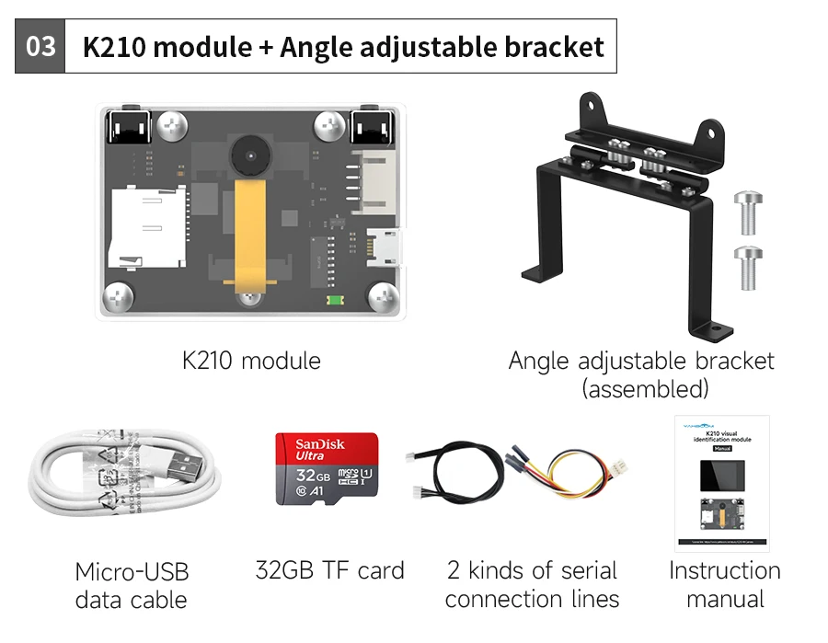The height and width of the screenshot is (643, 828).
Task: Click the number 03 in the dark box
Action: [x=40, y=46]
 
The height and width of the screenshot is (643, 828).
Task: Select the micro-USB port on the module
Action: [x=385, y=246]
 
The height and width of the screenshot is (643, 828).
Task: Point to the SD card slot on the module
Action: [x=147, y=226]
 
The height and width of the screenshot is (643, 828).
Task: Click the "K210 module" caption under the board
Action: [x=251, y=360]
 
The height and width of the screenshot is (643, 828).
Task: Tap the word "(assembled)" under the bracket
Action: [x=645, y=388]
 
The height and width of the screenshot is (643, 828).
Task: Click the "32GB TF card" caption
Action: [x=329, y=570]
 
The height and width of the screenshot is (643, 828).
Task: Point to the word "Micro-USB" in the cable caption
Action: [x=132, y=572]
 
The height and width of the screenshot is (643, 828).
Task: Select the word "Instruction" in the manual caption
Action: [x=725, y=570]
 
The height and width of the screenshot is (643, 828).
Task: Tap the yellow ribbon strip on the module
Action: [x=248, y=230]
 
